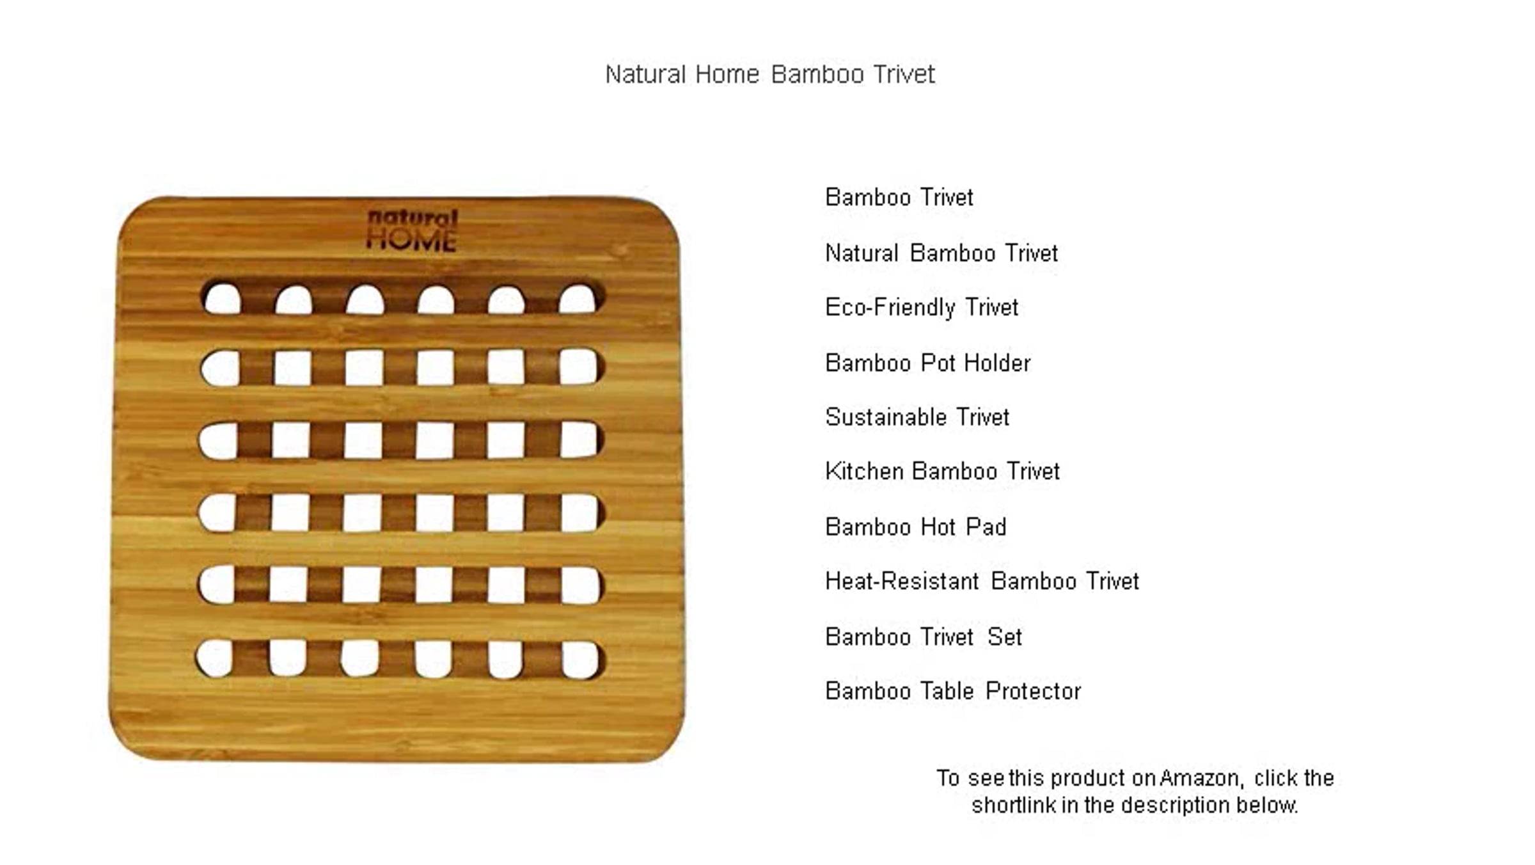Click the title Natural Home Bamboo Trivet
pos(770,74)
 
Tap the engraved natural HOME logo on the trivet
pos(412,230)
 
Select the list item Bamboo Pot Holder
pos(927,363)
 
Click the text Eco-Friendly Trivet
pos(922,308)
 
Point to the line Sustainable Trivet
pos(917,417)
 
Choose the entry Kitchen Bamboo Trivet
pos(942,471)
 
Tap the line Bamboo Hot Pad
pos(916,527)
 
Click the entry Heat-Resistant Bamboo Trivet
pos(982,581)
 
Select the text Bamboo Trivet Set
pos(924,637)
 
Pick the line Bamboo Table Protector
pos(953,691)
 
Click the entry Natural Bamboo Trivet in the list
pos(941,253)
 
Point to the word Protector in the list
pos(1033,691)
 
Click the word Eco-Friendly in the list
pos(890,308)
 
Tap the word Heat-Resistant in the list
pos(902,581)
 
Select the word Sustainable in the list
pos(886,417)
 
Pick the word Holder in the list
pos(997,363)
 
